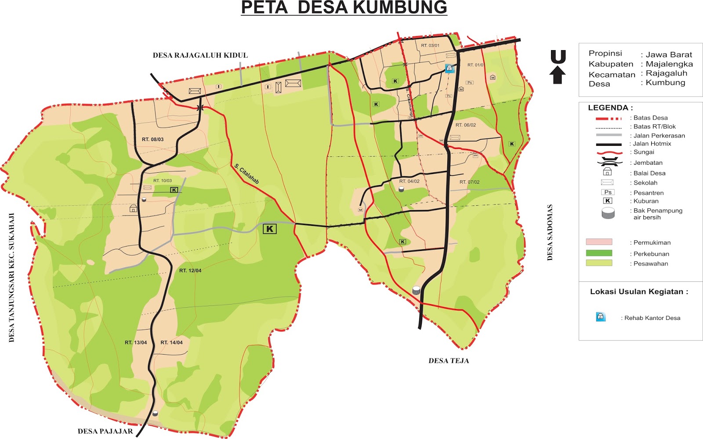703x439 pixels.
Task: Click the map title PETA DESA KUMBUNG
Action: coord(344,8)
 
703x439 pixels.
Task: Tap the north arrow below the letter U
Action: coord(558,75)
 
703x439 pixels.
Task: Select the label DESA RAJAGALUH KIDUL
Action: coord(200,55)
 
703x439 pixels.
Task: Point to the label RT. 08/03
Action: coord(152,139)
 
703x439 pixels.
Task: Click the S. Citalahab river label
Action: coord(246,174)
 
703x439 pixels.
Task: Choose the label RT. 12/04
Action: coord(190,271)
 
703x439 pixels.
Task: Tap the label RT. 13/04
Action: coord(136,342)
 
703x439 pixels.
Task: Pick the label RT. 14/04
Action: coord(171,342)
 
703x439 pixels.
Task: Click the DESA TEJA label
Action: coord(449,361)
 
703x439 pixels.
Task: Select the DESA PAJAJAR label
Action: coord(105,432)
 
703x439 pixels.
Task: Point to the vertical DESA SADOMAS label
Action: coord(550,232)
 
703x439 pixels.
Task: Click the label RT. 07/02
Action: coord(469,182)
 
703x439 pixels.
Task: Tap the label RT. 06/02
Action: coord(466,125)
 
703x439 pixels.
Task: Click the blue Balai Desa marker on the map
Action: coord(449,68)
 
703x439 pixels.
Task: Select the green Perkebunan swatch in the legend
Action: coord(599,253)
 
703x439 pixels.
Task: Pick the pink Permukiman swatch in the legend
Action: coord(599,242)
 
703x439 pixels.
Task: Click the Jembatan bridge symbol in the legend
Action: coord(609,163)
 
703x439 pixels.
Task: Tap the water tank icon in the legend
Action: coord(608,214)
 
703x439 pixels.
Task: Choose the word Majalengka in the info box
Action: coord(669,64)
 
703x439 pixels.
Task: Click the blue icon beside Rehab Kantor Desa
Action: coord(601,317)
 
